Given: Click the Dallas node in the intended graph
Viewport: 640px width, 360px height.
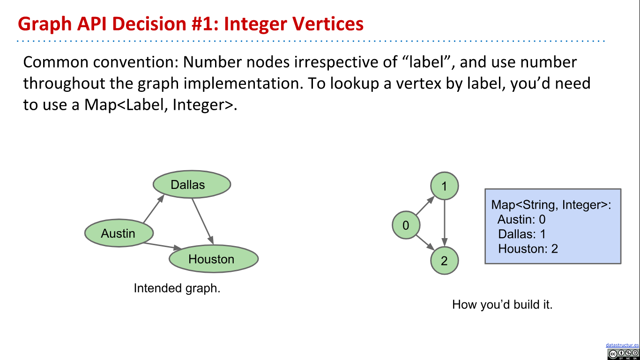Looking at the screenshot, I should click(x=192, y=184).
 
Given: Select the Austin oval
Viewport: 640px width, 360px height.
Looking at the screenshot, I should click(x=119, y=233).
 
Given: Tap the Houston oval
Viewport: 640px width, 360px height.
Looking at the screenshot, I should click(x=213, y=259).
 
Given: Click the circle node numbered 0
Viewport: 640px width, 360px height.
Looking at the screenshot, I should click(x=406, y=225).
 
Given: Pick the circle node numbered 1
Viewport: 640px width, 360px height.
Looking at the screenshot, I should click(x=444, y=187).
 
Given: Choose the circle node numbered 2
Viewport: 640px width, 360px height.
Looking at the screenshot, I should click(x=444, y=261).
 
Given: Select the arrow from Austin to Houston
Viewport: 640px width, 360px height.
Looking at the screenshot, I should click(x=162, y=245).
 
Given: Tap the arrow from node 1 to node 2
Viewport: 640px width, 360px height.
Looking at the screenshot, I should click(x=444, y=223).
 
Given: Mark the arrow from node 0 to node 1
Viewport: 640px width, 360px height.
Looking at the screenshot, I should click(x=425, y=206).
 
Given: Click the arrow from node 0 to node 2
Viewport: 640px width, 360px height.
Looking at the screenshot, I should click(x=425, y=243).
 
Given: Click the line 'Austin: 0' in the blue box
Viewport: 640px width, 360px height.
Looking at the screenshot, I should click(x=521, y=219).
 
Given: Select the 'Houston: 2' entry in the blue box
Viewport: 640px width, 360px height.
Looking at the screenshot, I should click(x=528, y=248).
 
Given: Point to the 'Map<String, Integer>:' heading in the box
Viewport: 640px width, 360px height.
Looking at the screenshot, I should click(x=551, y=205).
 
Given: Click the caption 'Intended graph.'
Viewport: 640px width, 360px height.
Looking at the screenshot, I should click(x=177, y=288).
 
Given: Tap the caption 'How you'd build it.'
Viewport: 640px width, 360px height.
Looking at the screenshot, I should click(x=502, y=305).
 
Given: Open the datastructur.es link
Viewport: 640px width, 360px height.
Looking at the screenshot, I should click(x=622, y=345).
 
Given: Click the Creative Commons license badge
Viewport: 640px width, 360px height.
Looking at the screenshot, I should click(x=623, y=354).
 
